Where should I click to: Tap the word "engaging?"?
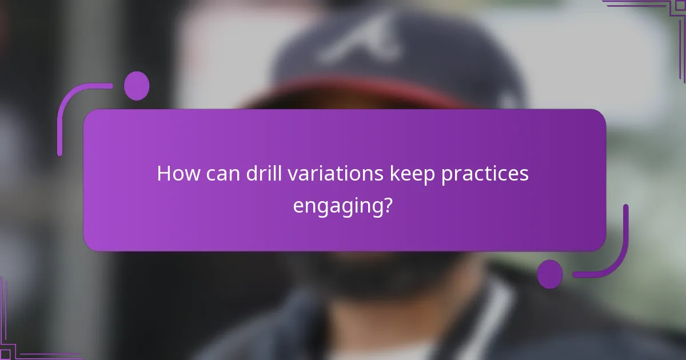pos(342,205)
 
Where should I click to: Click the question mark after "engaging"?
pos(387,204)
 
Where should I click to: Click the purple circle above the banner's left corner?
pos(137,86)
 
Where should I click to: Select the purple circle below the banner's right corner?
pos(549,274)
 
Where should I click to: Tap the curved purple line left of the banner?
pos(63,114)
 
